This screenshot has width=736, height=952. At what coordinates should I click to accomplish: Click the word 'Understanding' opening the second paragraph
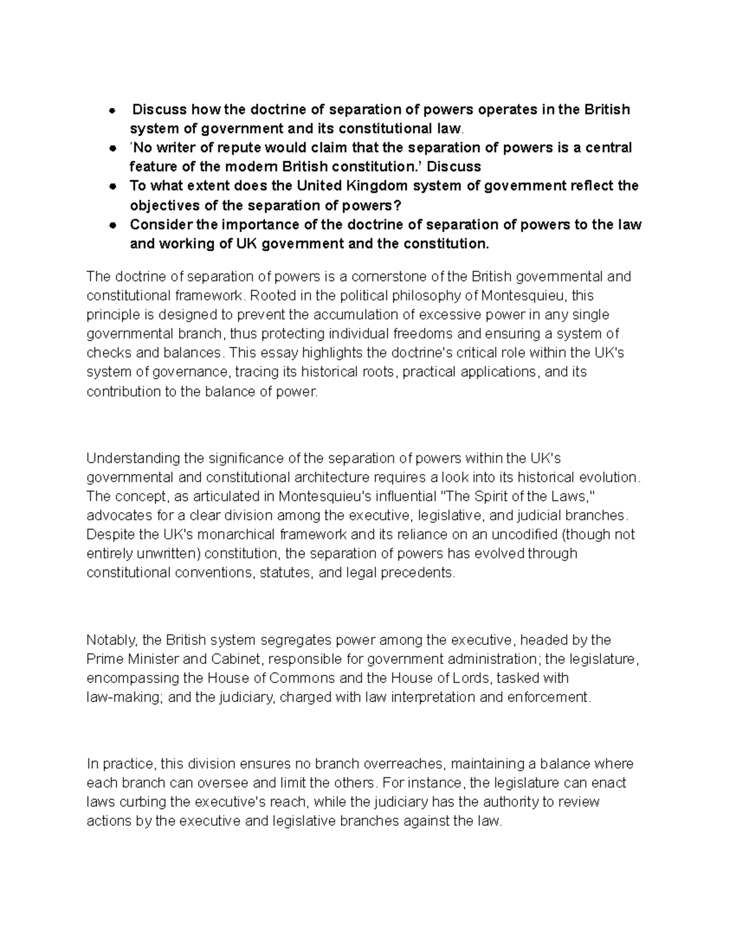(127, 458)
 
